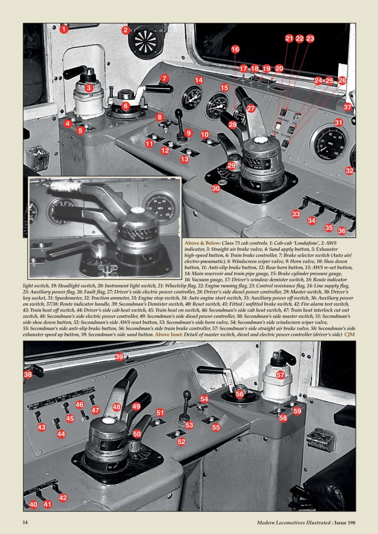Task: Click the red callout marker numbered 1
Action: pyautogui.click(x=63, y=29)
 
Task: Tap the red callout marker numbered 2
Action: pyautogui.click(x=125, y=30)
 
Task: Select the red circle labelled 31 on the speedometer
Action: pyautogui.click(x=338, y=123)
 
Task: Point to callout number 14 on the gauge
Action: pyautogui.click(x=199, y=80)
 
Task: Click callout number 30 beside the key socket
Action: pyautogui.click(x=216, y=189)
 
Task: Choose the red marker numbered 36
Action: pyautogui.click(x=342, y=231)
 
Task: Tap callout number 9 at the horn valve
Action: pyautogui.click(x=189, y=133)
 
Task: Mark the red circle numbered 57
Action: pyautogui.click(x=280, y=375)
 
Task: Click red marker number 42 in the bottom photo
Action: pyautogui.click(x=63, y=497)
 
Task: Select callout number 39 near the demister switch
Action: pyautogui.click(x=119, y=357)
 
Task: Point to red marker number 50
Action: pyautogui.click(x=137, y=434)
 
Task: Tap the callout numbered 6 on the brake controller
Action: pyautogui.click(x=125, y=106)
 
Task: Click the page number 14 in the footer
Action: pyautogui.click(x=25, y=523)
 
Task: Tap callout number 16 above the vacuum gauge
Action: pyautogui.click(x=235, y=49)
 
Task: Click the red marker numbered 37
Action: pyautogui.click(x=348, y=107)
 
